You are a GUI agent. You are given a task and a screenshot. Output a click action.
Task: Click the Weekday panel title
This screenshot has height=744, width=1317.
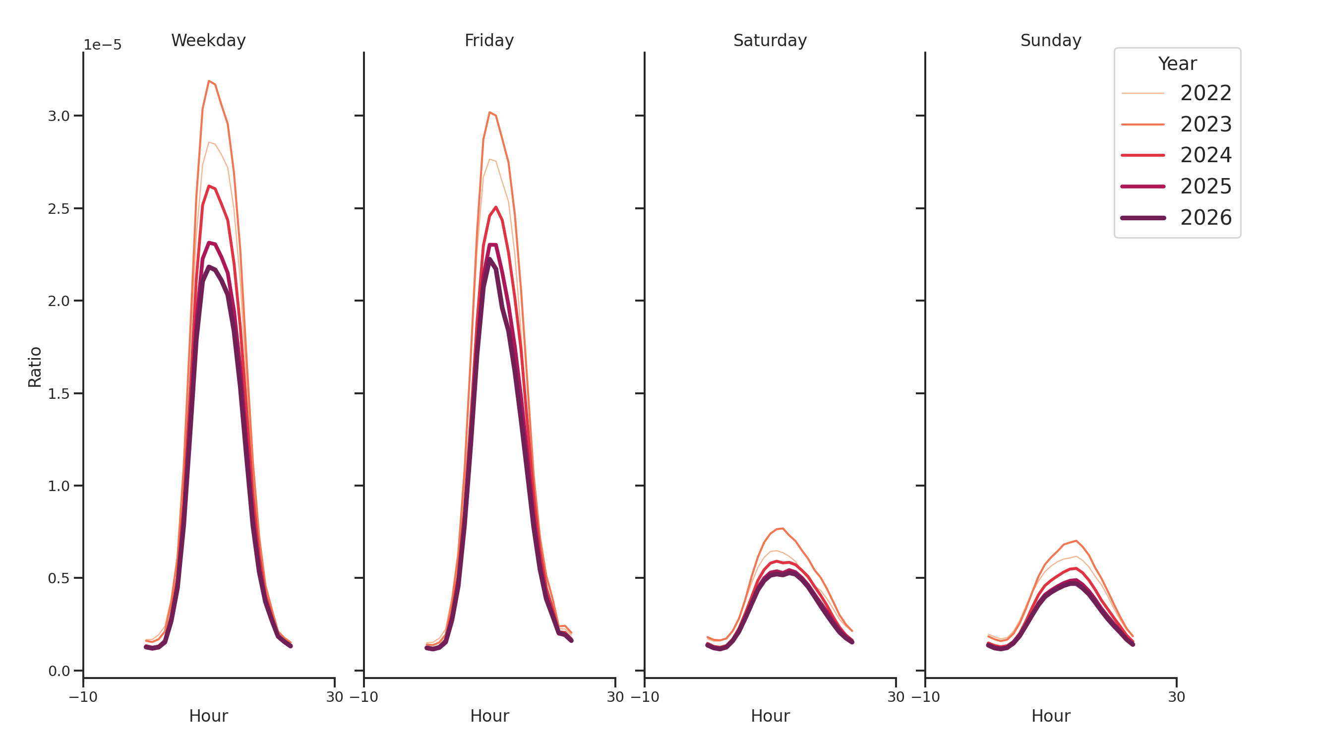pos(208,40)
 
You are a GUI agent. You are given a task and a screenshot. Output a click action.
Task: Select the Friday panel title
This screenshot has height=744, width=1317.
pos(489,40)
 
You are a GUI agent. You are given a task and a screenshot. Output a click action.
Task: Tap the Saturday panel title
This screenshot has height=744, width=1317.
pos(770,40)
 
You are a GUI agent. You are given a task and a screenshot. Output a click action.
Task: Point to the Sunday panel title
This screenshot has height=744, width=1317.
pos(1050,40)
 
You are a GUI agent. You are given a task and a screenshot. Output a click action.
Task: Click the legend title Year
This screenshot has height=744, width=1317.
pos(1177,64)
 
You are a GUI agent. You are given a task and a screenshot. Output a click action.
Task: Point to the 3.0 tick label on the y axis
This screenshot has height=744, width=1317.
pos(59,116)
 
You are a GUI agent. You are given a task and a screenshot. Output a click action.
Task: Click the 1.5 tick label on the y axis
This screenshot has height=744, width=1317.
pos(59,394)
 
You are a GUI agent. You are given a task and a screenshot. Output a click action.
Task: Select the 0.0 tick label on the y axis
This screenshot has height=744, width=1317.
pos(59,671)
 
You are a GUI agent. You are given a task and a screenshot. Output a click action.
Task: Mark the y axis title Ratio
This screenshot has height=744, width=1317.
pos(35,367)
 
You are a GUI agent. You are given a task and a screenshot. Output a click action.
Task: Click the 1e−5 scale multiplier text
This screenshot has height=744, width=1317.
pos(102,45)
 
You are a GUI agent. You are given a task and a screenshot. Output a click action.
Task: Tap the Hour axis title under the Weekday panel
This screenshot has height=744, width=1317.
pos(208,716)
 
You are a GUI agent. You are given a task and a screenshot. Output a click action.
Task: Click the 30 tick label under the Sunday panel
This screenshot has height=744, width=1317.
pos(1176,697)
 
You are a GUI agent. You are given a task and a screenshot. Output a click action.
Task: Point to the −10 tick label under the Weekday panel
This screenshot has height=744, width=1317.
pos(83,697)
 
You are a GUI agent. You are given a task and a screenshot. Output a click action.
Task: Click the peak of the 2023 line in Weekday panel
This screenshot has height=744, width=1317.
pos(209,81)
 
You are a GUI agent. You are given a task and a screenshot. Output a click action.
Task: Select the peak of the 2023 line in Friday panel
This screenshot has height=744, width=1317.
pos(489,113)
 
